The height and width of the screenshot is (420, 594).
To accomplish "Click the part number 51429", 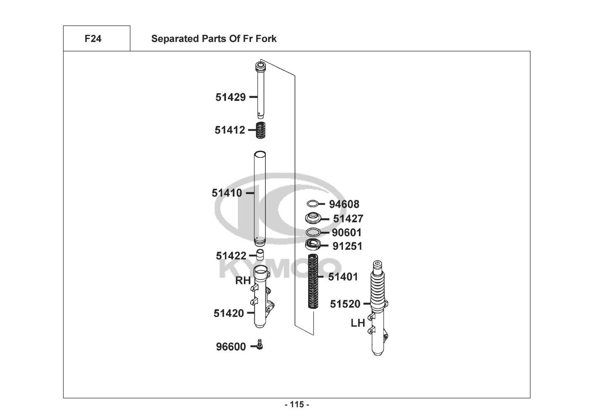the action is point(230,97).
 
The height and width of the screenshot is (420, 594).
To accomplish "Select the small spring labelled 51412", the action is point(260,130).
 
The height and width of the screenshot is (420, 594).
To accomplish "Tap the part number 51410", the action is point(227,193).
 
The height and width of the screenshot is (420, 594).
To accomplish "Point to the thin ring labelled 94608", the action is point(312,204).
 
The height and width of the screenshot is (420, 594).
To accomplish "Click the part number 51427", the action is point(348,219).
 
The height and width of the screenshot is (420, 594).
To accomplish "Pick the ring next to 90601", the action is point(313,232).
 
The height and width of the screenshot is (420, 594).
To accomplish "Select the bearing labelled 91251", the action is point(313,244).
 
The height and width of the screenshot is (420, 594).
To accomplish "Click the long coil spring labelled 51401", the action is point(313,281).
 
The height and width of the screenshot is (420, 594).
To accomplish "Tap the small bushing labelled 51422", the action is point(260,255).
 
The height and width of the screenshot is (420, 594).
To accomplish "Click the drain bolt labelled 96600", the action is point(260,344).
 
